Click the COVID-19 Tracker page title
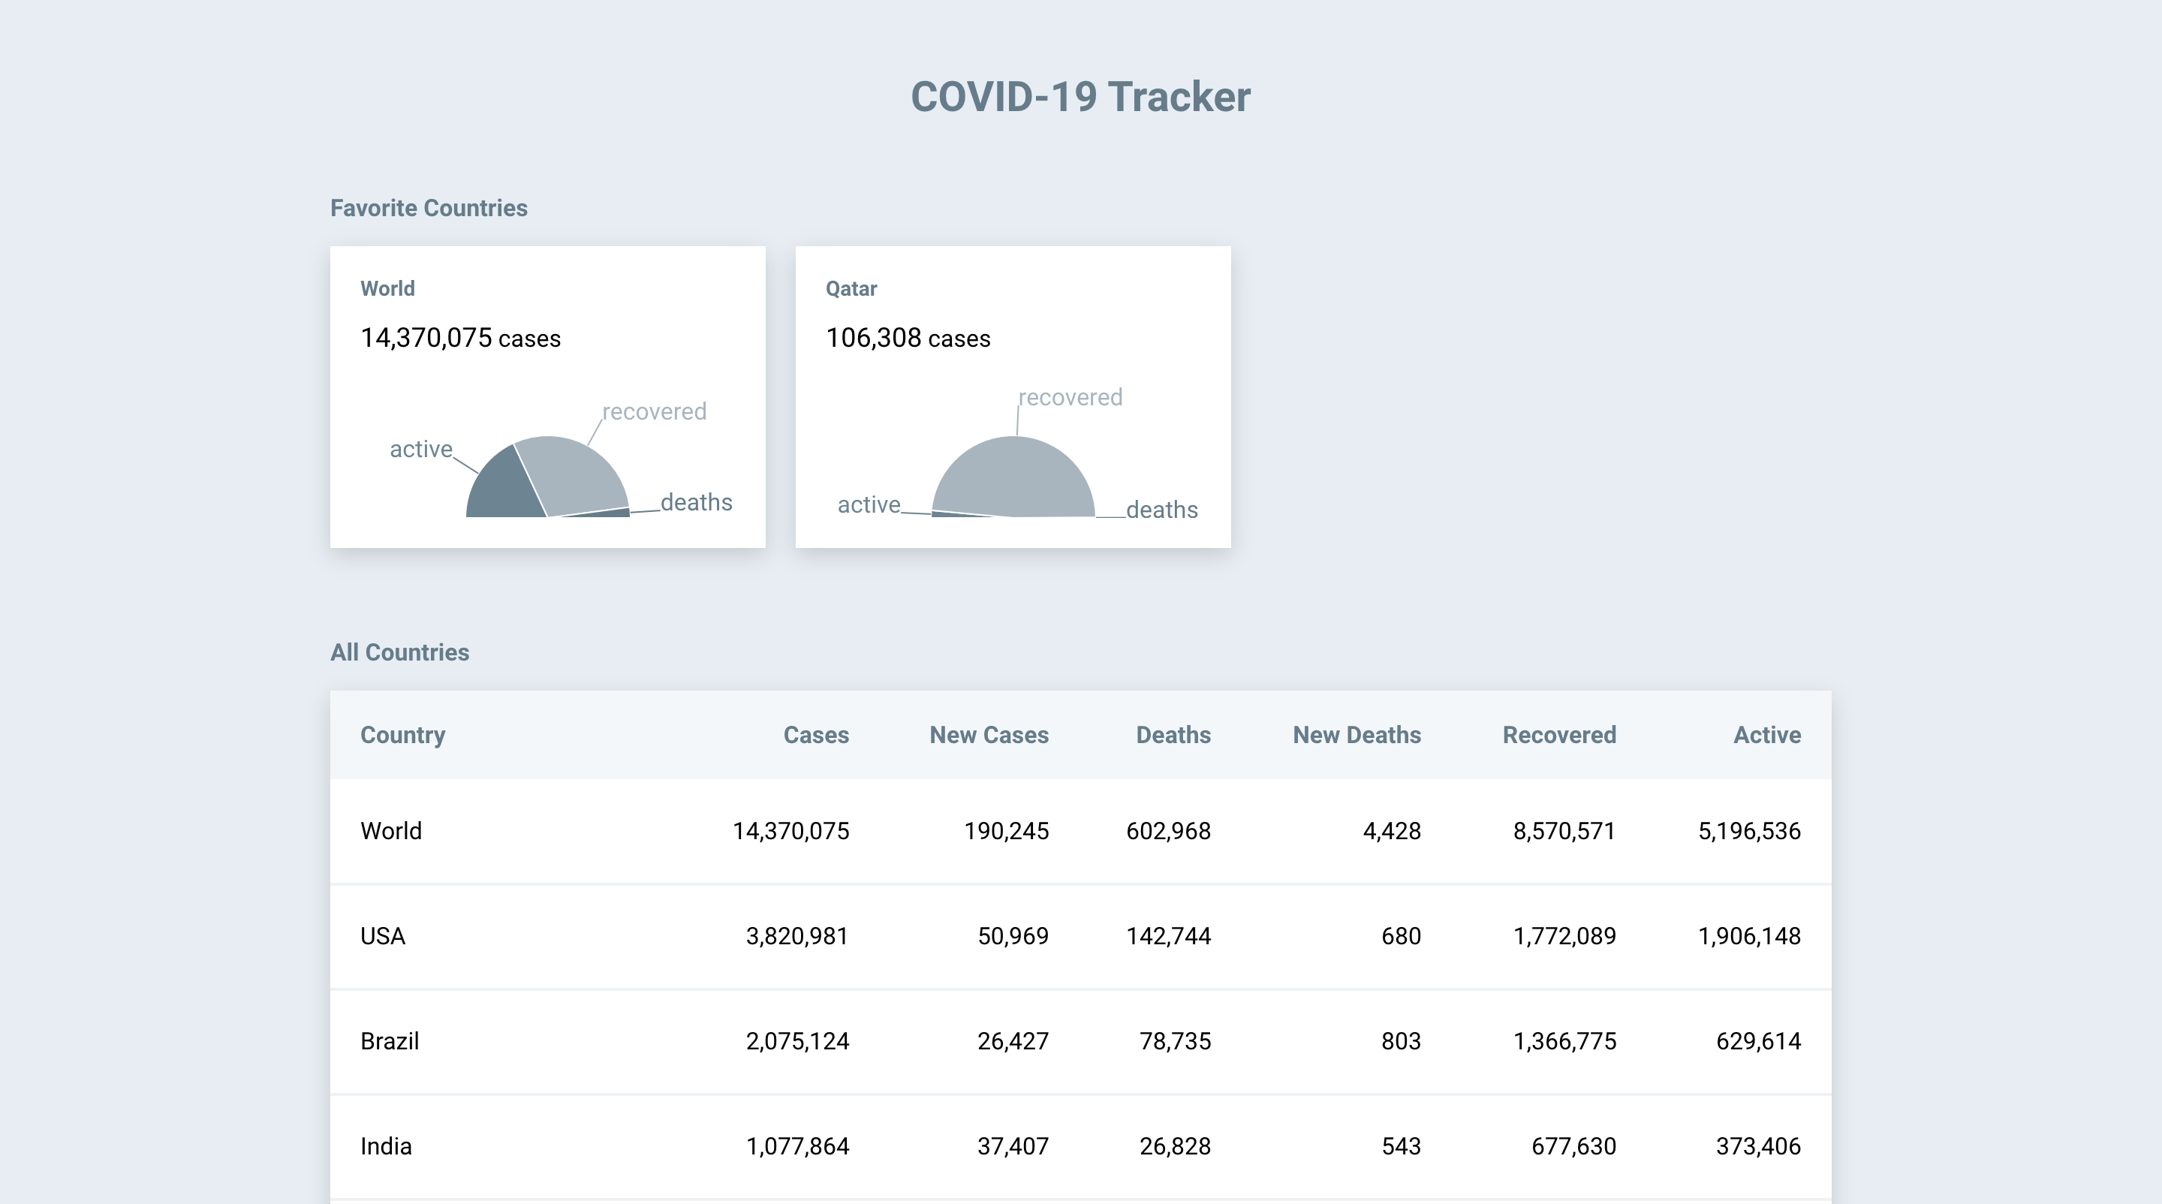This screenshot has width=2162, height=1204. pos(1080,97)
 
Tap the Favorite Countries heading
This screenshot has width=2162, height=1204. pos(428,208)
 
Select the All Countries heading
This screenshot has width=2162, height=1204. pos(399,652)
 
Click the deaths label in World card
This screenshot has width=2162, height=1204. pos(696,503)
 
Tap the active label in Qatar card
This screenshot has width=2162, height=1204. pos(869,504)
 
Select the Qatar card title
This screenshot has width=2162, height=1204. pos(851,289)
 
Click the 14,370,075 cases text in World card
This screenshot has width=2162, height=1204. pos(460,338)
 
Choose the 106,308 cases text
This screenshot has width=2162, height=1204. pos(908,338)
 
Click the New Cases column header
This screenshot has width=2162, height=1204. pos(989,735)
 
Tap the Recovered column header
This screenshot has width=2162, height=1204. pos(1558,735)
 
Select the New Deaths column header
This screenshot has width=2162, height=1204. pos(1357,735)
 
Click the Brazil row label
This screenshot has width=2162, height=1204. pos(390,1041)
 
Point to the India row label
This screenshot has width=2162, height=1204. pos(386,1146)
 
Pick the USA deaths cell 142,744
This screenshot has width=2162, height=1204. pos(1167,935)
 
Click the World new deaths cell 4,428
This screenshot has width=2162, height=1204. pos(1392,831)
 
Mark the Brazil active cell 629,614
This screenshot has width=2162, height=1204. pos(1757,1041)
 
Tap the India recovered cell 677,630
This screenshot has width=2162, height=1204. pos(1573,1146)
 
